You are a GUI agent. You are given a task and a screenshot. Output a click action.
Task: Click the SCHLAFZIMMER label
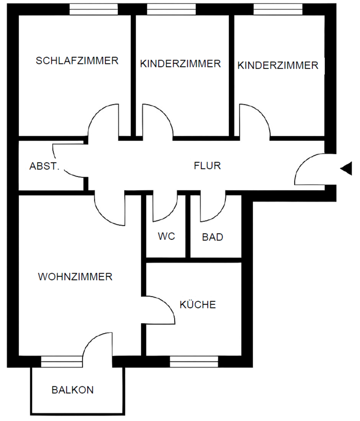pos(77,61)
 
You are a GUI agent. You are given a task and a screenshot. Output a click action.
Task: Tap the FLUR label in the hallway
pos(207,166)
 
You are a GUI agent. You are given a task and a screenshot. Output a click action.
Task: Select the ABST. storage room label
pos(44,166)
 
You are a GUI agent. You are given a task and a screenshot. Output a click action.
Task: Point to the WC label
pos(167,236)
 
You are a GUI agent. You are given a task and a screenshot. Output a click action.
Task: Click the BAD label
pos(213,237)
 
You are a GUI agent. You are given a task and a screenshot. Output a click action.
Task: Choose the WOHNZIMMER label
pos(75,277)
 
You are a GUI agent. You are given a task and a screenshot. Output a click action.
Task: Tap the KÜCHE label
pos(198,304)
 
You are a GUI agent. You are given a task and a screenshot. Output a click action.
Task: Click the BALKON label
pos(72,390)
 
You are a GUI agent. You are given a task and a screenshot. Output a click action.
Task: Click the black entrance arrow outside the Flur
pos(346,168)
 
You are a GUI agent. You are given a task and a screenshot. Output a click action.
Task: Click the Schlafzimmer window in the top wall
pos(94,9)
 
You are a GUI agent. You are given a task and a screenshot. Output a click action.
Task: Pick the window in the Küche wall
pos(194,362)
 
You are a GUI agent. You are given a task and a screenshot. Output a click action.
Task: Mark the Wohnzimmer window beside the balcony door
pos(61,362)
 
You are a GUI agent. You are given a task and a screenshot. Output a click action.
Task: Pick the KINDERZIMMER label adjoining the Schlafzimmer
pos(180,64)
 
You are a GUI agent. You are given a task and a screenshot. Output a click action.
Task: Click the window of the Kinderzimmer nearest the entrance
pos(278,9)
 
